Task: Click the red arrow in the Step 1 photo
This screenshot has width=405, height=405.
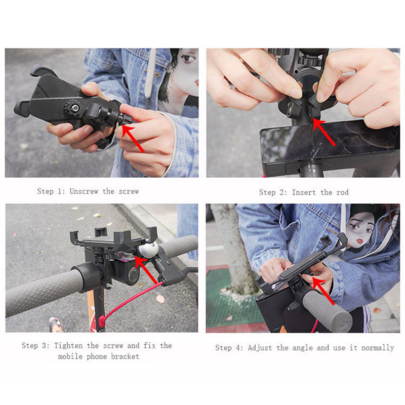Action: click(133, 139)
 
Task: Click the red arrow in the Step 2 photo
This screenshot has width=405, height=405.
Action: click(323, 132)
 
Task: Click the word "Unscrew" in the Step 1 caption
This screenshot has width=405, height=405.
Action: click(84, 191)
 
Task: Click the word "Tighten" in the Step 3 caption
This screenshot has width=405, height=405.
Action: click(68, 346)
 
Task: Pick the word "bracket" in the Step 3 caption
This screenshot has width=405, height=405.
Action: click(125, 357)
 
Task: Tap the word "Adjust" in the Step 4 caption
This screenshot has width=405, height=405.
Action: click(260, 348)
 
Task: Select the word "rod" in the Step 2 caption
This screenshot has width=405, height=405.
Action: click(342, 192)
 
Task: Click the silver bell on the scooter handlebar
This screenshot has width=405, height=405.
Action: click(148, 250)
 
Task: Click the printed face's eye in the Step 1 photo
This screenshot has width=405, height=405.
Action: click(188, 58)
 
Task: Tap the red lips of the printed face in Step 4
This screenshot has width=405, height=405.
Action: click(359, 241)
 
